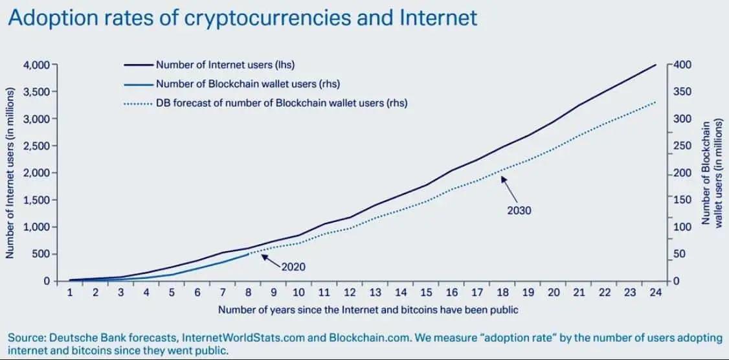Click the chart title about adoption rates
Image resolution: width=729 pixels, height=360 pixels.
click(242, 17)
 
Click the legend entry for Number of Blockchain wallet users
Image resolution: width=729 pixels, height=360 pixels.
click(247, 84)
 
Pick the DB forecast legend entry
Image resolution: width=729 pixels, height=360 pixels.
click(281, 103)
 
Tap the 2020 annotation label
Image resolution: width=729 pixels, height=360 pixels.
click(293, 266)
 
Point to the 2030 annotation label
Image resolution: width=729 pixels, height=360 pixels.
click(519, 210)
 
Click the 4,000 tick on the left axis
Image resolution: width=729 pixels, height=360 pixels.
click(37, 65)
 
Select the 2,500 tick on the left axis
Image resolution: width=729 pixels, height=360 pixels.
click(37, 146)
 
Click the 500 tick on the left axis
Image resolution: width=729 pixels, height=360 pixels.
click(42, 254)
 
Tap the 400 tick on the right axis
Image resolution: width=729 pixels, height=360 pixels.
click(684, 65)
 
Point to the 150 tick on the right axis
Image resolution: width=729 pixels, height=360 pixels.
click(684, 200)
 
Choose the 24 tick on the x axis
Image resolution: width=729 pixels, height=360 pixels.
click(656, 293)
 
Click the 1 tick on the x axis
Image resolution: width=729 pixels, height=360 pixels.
click(69, 293)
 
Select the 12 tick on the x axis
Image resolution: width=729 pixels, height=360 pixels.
click(350, 293)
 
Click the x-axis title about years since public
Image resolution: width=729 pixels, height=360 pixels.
click(368, 310)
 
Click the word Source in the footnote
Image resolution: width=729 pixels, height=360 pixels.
click(24, 338)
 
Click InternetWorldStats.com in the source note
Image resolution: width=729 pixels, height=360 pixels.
click(252, 338)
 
